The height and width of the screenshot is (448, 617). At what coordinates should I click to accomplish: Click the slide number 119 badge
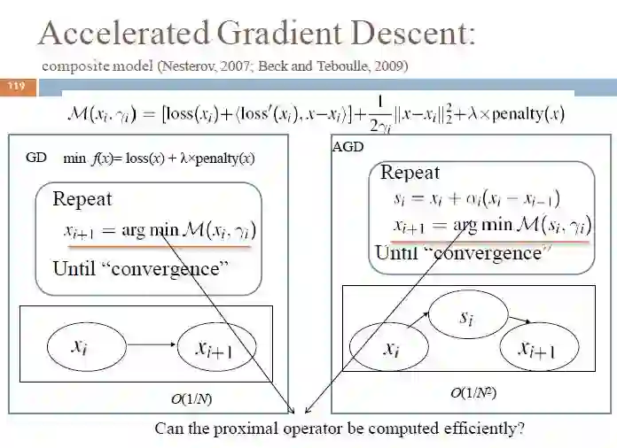click(x=17, y=86)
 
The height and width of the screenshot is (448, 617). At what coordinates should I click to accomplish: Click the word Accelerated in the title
click(x=121, y=35)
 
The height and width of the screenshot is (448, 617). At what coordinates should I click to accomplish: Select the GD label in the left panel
click(x=36, y=158)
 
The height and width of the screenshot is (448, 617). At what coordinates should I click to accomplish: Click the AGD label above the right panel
click(x=348, y=147)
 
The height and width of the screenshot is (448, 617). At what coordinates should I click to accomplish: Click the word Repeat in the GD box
click(x=82, y=198)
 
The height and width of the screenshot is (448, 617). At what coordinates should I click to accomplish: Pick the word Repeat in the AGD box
click(x=410, y=172)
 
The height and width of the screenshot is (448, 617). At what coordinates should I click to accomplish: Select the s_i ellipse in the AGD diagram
click(x=468, y=315)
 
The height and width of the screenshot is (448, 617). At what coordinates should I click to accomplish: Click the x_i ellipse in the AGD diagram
click(x=390, y=347)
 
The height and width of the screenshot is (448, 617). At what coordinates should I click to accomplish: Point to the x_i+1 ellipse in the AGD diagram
click(x=538, y=350)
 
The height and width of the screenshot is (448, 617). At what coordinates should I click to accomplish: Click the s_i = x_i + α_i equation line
click(x=475, y=200)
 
